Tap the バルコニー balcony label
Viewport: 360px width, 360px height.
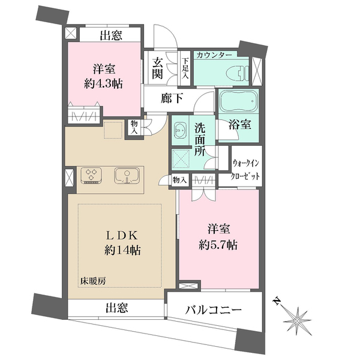tap(212, 310)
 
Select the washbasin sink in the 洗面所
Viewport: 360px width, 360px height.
tap(181, 131)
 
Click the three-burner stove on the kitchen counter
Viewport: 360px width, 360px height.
tap(92, 175)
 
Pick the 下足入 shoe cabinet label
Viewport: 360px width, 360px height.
tap(186, 68)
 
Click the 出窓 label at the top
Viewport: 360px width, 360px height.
tap(112, 35)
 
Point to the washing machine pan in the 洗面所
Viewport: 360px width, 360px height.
tap(181, 159)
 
